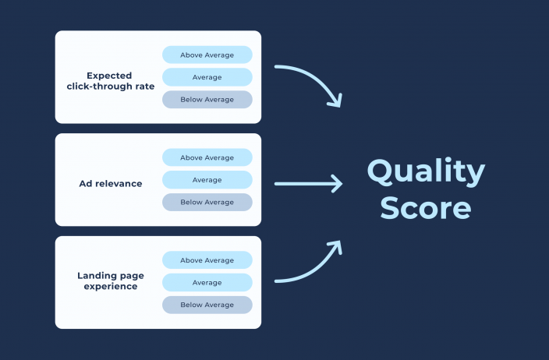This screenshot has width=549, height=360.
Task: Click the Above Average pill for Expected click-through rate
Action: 207,55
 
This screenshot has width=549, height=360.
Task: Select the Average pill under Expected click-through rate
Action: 207,77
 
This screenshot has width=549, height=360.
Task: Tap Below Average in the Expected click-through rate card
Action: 207,100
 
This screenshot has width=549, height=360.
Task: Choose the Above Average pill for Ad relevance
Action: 207,157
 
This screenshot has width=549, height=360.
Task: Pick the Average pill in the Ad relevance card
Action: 207,180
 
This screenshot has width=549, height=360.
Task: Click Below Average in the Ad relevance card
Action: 207,202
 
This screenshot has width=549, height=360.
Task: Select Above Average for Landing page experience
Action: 207,260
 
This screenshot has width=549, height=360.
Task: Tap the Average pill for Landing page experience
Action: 207,282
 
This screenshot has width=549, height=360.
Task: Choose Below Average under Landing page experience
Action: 207,305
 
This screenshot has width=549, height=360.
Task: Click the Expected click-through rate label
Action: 109,80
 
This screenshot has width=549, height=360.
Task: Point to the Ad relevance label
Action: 110,183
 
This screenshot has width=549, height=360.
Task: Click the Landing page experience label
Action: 108,281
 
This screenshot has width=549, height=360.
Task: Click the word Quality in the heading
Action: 426,171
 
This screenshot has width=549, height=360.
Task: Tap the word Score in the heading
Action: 426,208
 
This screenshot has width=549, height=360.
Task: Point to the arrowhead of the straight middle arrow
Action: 336,184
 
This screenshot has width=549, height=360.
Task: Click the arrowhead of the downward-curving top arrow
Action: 335,100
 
